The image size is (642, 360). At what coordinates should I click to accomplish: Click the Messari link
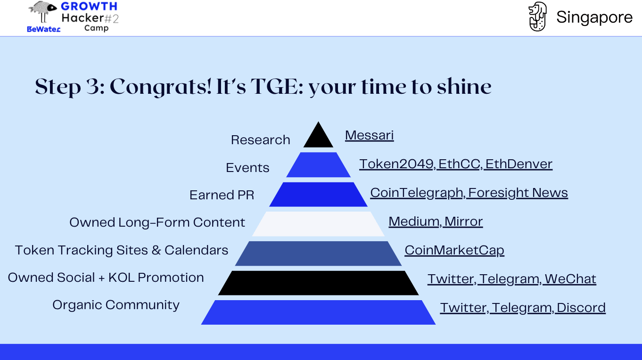coord(369,135)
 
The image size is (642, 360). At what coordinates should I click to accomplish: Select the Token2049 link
coord(396,164)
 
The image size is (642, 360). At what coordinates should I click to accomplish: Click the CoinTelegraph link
coord(417,193)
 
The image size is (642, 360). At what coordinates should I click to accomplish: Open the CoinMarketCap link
coord(454,250)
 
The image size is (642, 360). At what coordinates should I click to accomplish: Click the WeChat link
coord(570,279)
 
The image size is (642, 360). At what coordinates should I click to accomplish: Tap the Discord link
coord(581,308)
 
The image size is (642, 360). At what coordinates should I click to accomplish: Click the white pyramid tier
coord(318,224)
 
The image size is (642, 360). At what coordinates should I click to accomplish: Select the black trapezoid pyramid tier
coord(318,283)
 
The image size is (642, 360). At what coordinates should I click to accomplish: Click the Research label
coord(261,140)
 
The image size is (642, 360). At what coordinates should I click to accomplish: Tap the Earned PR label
coord(222,195)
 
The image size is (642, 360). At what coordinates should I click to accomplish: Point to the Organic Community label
coord(116,305)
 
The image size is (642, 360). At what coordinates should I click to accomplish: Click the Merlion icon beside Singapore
coord(538,16)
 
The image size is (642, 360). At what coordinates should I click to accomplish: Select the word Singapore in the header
coord(594,17)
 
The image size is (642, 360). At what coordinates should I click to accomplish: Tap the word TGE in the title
coord(274,87)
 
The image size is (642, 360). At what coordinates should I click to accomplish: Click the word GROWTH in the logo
coord(89,6)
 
